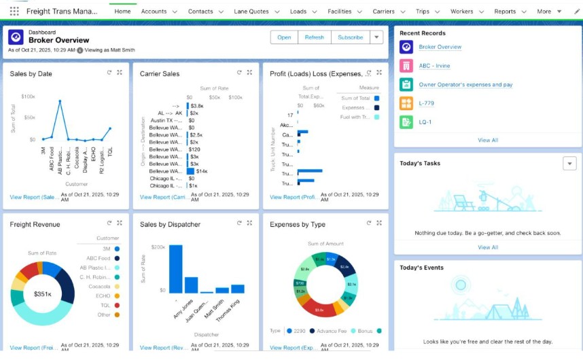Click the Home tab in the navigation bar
[122, 12]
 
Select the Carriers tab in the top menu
[383, 12]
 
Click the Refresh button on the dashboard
[314, 37]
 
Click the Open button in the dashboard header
[284, 37]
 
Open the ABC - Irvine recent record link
[434, 66]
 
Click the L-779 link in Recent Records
[426, 103]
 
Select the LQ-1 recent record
[425, 122]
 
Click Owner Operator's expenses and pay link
[465, 85]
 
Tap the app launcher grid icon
[14, 12]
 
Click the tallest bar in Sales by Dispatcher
[175, 268]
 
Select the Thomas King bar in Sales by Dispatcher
[237, 289]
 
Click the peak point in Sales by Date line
[60, 101]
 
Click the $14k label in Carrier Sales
[202, 171]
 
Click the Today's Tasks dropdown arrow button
[569, 163]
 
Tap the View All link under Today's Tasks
[488, 247]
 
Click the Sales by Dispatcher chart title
[170, 224]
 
